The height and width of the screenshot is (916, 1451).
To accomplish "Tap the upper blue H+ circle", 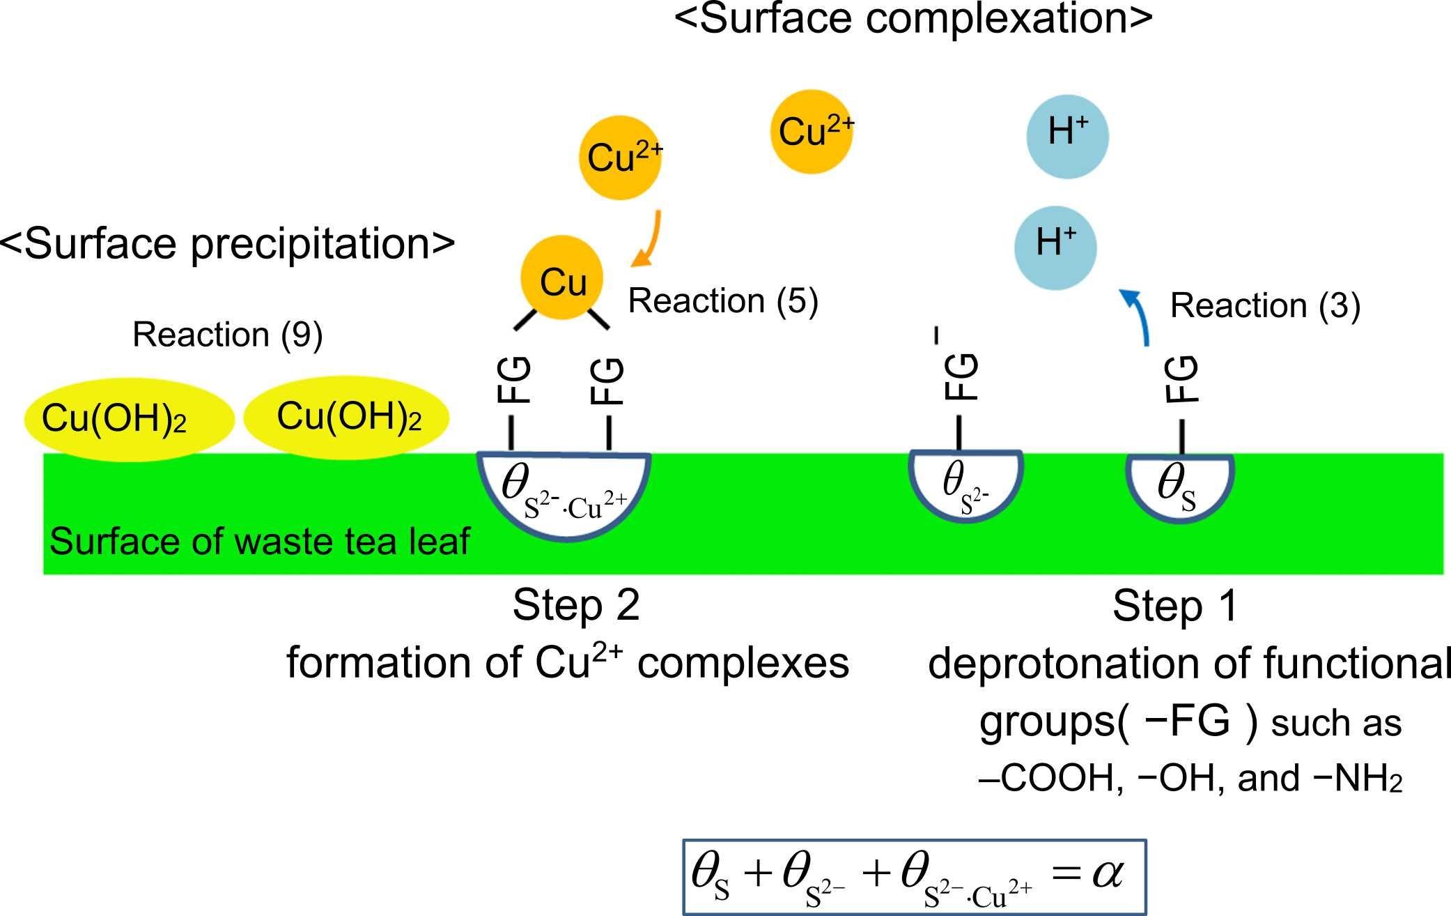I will click(x=1067, y=137).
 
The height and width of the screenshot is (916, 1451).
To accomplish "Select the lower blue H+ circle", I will click(x=1055, y=247).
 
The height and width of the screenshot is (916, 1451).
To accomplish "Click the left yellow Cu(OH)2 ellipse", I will click(x=129, y=419).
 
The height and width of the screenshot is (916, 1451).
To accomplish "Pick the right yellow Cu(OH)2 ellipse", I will click(x=347, y=417).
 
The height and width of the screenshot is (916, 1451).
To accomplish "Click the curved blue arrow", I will click(x=1137, y=317).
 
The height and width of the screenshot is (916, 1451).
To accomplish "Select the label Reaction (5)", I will click(x=722, y=301).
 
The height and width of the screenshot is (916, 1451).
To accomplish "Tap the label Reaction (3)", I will click(x=1264, y=306).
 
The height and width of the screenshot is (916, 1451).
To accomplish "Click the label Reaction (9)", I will click(x=227, y=335).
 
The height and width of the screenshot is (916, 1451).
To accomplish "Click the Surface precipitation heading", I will click(x=227, y=244).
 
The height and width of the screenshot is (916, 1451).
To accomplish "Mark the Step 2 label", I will click(x=576, y=605).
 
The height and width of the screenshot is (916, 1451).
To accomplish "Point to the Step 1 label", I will click(x=1175, y=606).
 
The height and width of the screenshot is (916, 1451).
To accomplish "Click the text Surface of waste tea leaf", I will click(x=259, y=542).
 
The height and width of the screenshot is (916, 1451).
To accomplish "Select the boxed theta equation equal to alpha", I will click(x=914, y=877).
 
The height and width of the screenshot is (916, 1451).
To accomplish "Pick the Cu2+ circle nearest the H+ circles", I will click(x=812, y=132).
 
